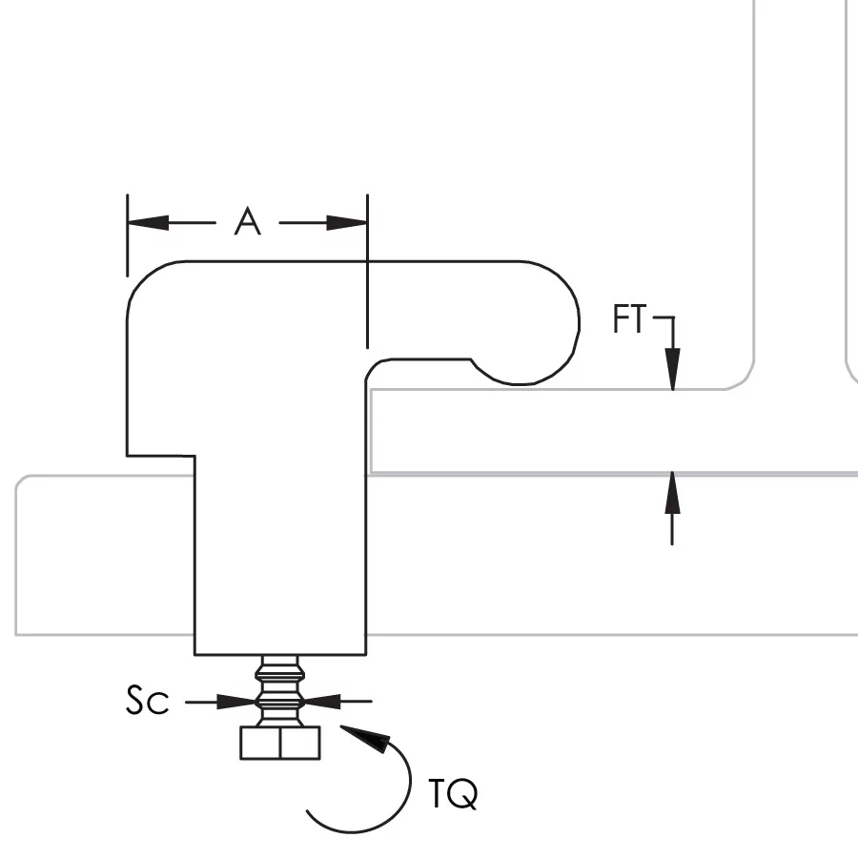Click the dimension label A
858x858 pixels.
(x=247, y=222)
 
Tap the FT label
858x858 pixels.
(x=629, y=320)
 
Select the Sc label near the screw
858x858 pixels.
(x=148, y=702)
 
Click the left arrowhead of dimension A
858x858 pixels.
(x=147, y=223)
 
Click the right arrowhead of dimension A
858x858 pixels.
(x=348, y=223)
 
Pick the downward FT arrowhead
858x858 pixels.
(x=673, y=372)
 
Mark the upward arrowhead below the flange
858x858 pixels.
(x=673, y=490)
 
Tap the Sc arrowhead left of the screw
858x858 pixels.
(x=237, y=702)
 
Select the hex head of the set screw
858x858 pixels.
(x=279, y=743)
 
